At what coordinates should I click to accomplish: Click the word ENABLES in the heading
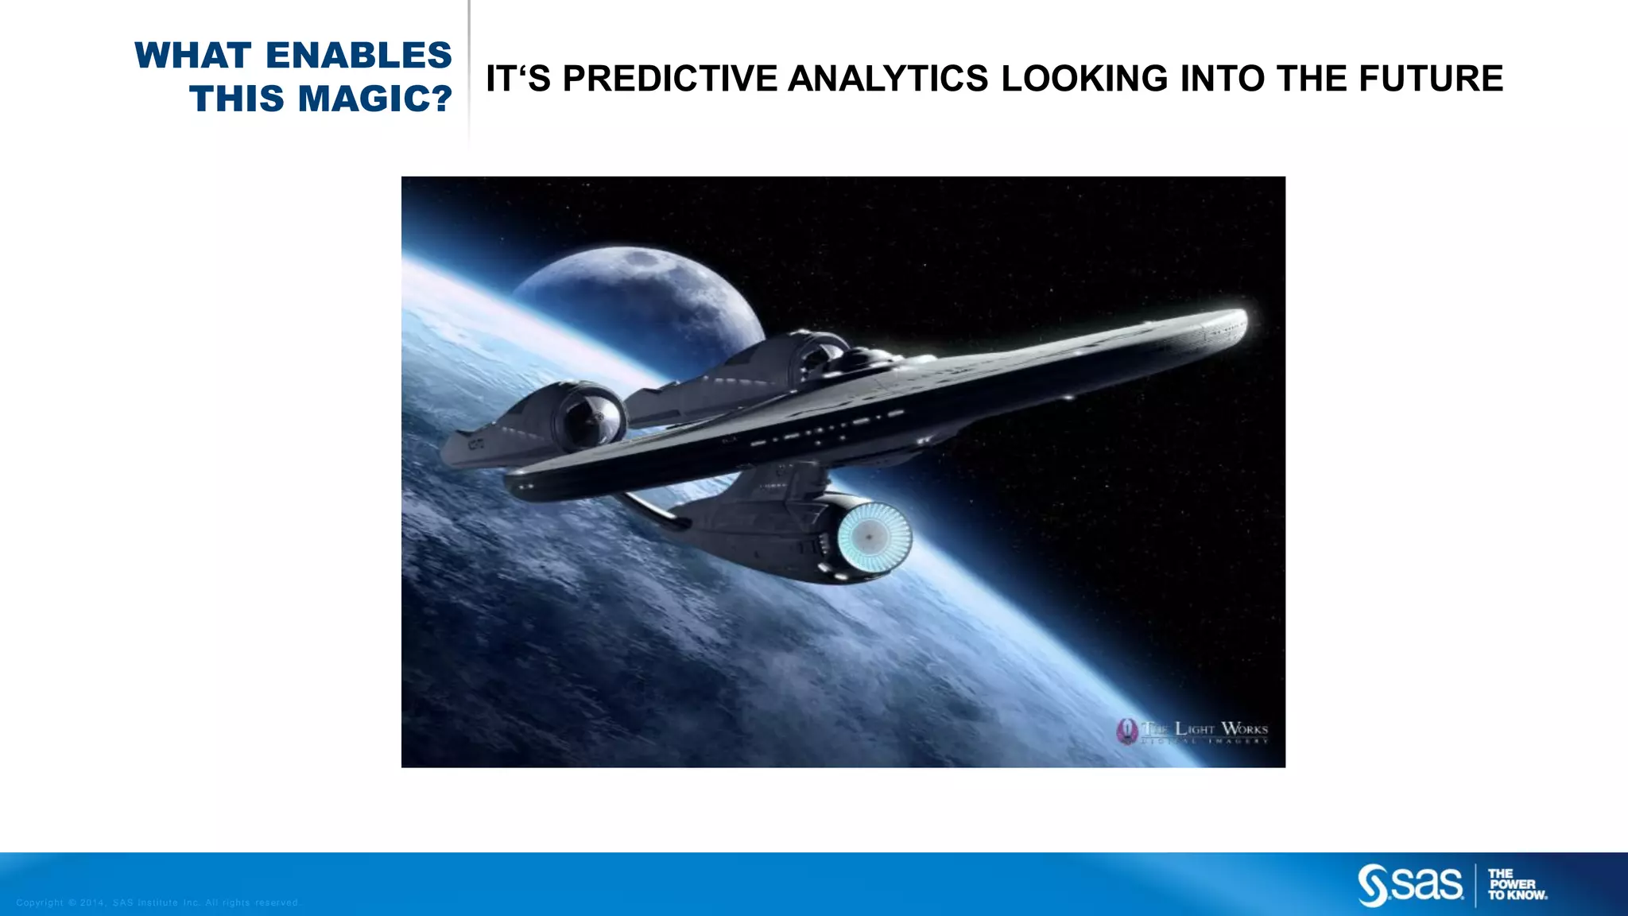coord(359,56)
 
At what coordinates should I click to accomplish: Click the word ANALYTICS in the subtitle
coord(889,79)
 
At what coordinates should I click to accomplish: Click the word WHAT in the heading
coord(193,56)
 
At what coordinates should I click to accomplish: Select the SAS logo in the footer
coord(1410,884)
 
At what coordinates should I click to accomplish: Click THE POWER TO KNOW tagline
coord(1517,884)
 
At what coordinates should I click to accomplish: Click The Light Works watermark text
coord(1205,729)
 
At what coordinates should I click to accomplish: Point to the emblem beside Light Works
coord(1126,731)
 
